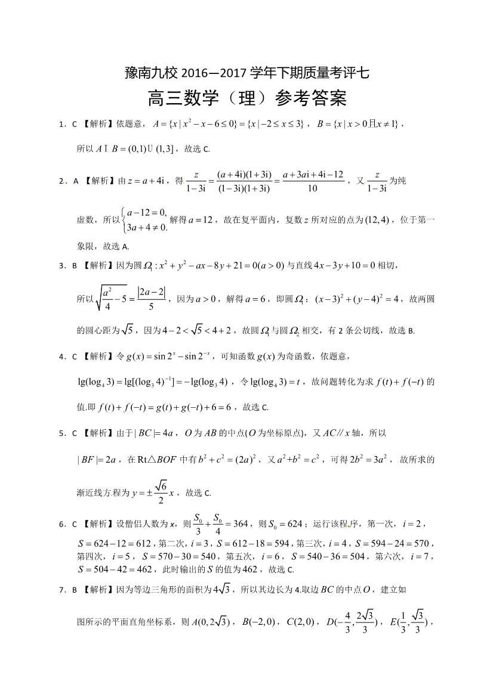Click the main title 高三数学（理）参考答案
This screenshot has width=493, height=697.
[246, 98]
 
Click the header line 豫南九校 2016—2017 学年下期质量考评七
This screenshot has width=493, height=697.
[246, 73]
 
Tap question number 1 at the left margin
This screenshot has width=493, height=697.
[61, 125]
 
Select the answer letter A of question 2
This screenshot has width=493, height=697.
[76, 181]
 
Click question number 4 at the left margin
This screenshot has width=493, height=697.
[61, 357]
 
